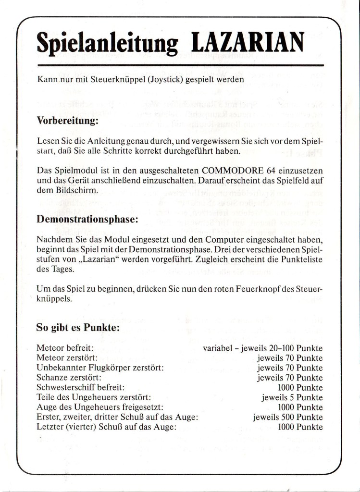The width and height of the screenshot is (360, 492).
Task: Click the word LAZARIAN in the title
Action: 248,43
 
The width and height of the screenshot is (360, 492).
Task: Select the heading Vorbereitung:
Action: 68,121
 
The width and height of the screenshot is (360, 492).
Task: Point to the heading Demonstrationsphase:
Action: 87,220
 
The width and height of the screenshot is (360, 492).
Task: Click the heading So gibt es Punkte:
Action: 78,329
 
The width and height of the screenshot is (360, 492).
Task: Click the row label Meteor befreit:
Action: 65,348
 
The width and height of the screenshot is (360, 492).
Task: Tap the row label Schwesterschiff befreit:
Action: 81,387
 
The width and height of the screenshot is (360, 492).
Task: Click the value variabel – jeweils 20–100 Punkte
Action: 262,348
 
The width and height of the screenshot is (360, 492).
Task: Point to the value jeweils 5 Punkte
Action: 292,397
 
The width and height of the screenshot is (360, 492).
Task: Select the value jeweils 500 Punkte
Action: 287,417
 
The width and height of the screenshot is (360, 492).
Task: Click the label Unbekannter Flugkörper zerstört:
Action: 100,368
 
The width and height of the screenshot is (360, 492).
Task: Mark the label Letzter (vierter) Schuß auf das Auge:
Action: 106,427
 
